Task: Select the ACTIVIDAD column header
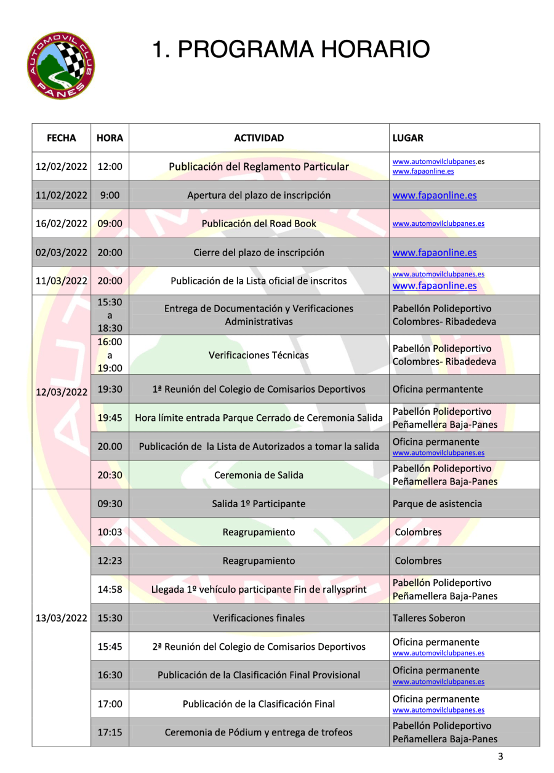tap(259, 138)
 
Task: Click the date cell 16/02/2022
tap(61, 223)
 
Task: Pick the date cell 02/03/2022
tap(61, 252)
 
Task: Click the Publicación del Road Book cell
tap(259, 223)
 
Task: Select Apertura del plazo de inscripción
tap(259, 196)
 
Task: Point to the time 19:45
tap(110, 417)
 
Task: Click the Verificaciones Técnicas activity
tap(259, 355)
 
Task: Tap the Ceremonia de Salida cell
tap(259, 475)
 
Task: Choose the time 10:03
tap(110, 532)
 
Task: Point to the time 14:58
tap(110, 590)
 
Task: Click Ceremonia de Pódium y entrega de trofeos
tap(259, 732)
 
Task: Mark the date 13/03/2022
tap(61, 618)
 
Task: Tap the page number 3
tap(500, 757)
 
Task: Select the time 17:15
tap(110, 732)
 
